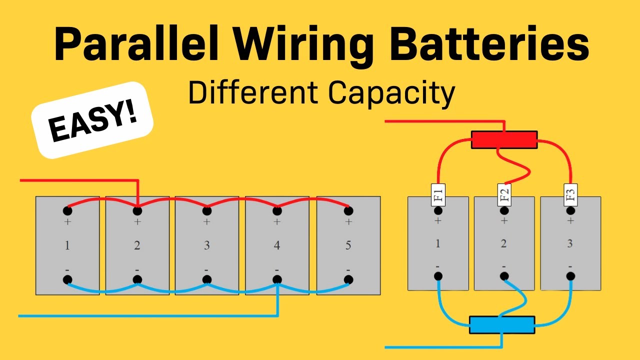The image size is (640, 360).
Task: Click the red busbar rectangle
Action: [504, 140]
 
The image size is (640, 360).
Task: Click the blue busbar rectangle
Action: [502, 325]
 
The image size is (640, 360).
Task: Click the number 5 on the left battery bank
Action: [348, 245]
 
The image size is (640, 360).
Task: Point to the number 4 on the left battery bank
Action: [276, 245]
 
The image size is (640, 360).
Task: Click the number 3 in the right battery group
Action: [570, 244]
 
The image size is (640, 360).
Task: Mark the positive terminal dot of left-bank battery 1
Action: [67, 210]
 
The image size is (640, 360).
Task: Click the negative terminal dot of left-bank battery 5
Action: [348, 279]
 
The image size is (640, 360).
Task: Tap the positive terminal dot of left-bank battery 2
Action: [137, 210]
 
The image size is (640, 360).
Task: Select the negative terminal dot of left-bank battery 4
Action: [276, 279]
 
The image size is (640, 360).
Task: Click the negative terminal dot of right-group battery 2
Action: [504, 275]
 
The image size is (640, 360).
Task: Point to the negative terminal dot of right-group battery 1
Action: [438, 275]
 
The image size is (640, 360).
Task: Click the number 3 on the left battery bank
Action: [206, 245]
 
